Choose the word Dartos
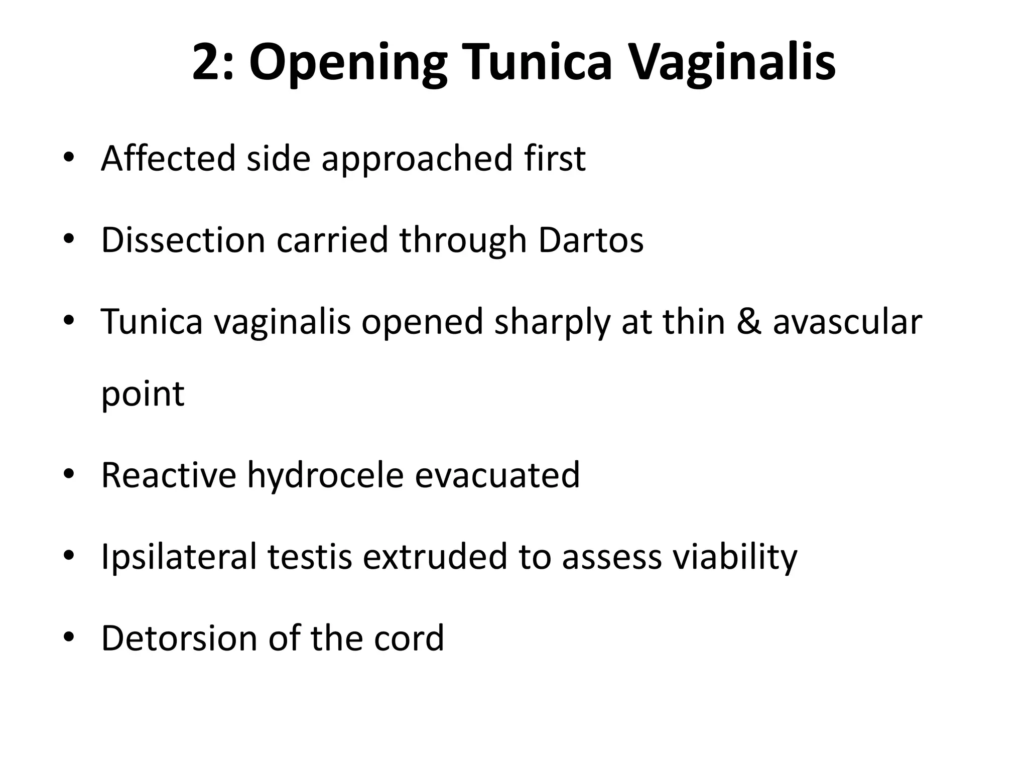[591, 240]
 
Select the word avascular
[847, 322]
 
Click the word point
[143, 395]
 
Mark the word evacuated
[497, 475]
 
